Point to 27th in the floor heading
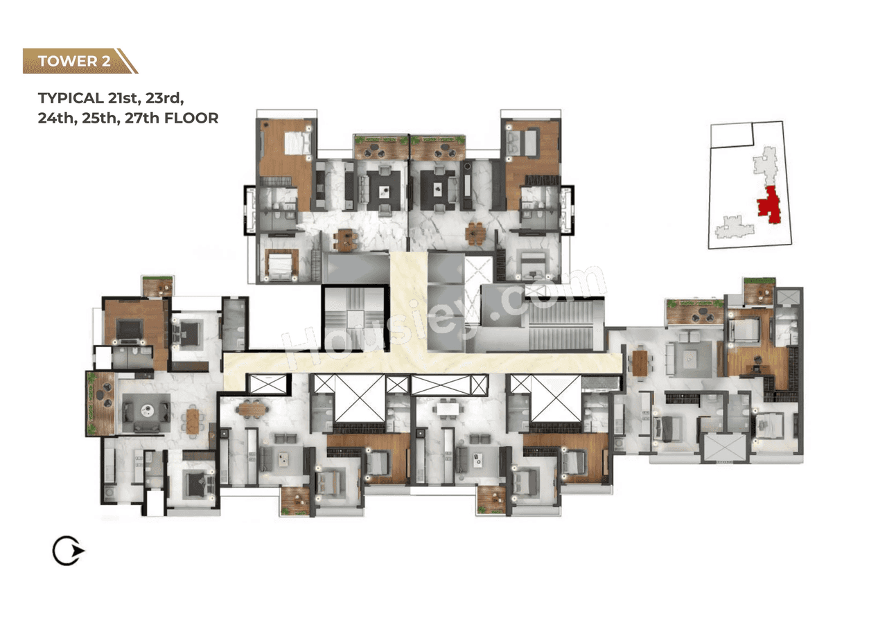point(134,118)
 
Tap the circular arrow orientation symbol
point(68,551)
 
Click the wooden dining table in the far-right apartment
point(639,361)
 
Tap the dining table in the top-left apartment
point(345,239)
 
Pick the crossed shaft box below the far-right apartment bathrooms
point(724,447)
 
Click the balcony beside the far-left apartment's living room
point(100,403)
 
